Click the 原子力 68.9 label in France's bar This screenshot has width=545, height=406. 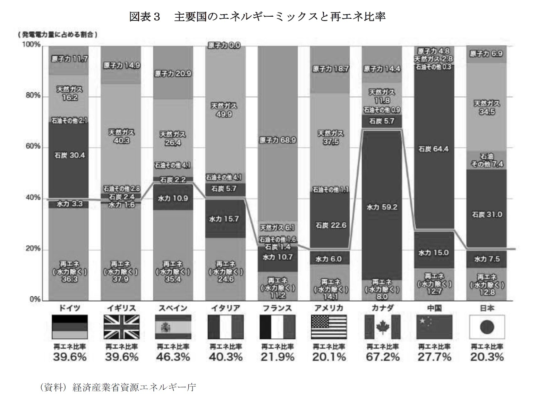click(278, 140)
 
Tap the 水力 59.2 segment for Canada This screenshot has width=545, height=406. click(382, 207)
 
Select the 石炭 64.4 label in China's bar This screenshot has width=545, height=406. click(434, 149)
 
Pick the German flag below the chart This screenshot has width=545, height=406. click(69, 327)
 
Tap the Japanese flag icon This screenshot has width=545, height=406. click(487, 327)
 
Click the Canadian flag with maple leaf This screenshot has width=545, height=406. click(382, 327)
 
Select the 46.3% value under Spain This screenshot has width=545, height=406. click(173, 357)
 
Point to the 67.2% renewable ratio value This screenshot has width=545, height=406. click(382, 357)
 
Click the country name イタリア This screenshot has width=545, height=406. click(225, 308)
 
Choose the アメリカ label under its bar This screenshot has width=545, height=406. click(329, 308)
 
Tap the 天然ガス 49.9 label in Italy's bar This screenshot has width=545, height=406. click(224, 110)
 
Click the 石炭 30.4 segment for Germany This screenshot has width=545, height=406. click(69, 155)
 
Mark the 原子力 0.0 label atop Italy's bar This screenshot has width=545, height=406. click(224, 45)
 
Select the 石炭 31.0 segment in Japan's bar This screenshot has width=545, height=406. click(487, 214)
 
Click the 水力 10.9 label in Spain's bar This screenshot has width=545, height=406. click(173, 198)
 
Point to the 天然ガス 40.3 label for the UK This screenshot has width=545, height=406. click(121, 136)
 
